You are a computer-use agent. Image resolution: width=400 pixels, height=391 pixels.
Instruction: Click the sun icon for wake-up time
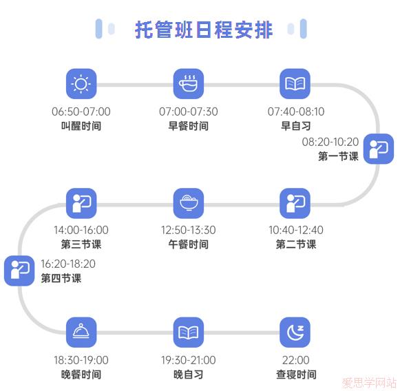(x=81, y=84)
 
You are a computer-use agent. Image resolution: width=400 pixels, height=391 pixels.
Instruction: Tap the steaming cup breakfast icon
(x=189, y=84)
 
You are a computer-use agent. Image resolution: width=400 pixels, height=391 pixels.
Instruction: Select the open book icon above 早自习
(x=295, y=84)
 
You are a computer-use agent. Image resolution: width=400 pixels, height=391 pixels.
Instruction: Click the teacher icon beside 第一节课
(x=379, y=149)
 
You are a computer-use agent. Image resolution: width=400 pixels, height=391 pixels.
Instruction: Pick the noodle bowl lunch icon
(x=189, y=203)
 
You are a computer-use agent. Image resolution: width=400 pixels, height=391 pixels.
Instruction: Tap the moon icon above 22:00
(x=295, y=332)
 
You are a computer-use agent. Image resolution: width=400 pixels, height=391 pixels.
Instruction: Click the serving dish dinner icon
(x=81, y=332)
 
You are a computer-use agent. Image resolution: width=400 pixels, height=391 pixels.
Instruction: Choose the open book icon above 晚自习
(x=189, y=332)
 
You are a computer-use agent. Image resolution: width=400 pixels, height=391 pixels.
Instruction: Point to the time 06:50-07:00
(x=81, y=112)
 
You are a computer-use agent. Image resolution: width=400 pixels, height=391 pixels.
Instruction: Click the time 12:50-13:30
(x=189, y=230)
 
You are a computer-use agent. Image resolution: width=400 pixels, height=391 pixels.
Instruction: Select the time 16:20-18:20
(x=68, y=264)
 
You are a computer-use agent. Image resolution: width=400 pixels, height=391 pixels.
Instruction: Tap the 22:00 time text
(x=296, y=360)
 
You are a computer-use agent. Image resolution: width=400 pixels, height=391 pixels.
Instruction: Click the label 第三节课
(x=81, y=244)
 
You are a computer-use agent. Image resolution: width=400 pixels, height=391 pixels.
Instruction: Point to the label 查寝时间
(x=296, y=374)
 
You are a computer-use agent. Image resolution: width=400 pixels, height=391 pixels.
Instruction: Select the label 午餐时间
(x=189, y=244)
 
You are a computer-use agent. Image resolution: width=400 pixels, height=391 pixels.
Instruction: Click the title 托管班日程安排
(x=204, y=30)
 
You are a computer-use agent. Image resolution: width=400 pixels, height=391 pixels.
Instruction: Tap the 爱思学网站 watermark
(x=369, y=383)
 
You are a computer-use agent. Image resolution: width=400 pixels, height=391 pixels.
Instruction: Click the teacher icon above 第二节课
(x=295, y=203)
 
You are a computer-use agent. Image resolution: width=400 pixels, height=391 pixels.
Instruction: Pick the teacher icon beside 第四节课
(x=19, y=271)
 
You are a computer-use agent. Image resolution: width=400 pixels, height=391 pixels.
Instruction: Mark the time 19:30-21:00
(x=189, y=360)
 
